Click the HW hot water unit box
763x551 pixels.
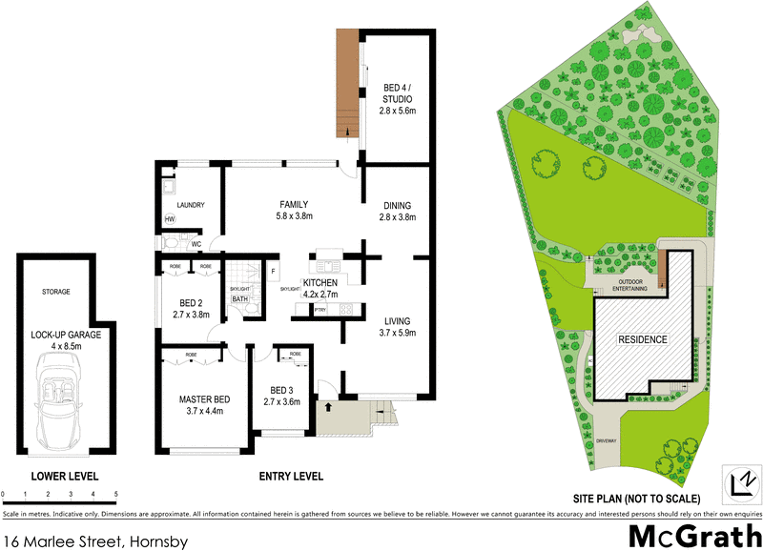170,219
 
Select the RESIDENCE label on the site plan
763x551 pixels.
642,339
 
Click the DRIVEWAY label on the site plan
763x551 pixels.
607,442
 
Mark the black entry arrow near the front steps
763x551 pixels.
330,407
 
